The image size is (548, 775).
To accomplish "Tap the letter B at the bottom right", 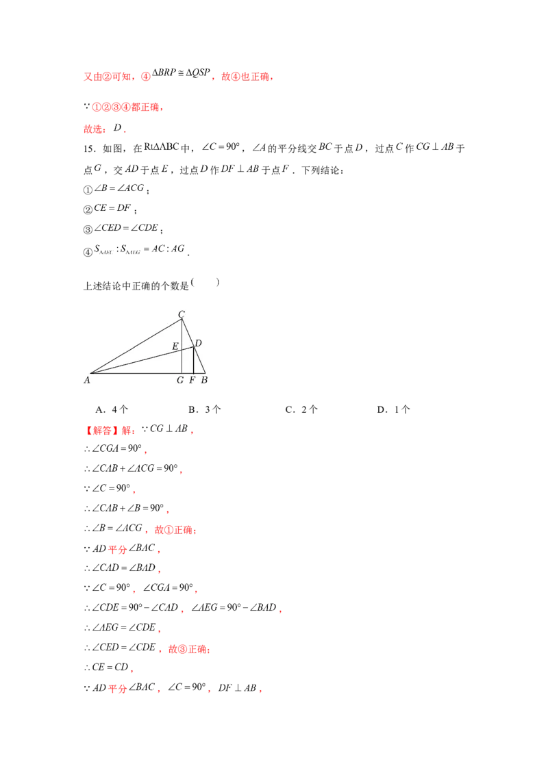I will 203,381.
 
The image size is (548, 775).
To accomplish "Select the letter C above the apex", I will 182,314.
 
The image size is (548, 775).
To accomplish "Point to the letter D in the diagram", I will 198,342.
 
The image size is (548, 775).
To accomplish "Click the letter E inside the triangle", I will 175,346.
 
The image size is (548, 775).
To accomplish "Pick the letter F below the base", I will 192,381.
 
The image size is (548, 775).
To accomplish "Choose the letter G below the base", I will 179,381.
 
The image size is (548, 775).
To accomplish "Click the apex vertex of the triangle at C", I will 182,319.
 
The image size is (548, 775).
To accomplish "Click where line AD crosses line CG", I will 182,351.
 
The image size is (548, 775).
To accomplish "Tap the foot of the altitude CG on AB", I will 182,374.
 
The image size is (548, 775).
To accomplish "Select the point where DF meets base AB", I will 193,374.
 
